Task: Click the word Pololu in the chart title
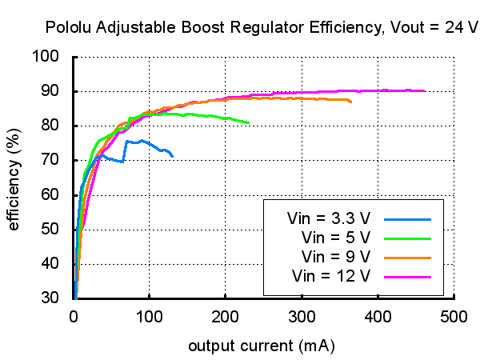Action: point(70,28)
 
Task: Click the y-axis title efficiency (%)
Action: point(14,177)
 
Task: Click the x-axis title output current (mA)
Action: point(261,347)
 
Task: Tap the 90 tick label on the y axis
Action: point(51,91)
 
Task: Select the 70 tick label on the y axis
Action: point(51,160)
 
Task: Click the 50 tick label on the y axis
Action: point(51,229)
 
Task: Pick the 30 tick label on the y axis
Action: point(51,298)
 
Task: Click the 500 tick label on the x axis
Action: point(454,315)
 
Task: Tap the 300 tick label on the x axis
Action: point(302,315)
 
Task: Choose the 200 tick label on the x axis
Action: point(226,315)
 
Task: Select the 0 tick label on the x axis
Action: point(74,315)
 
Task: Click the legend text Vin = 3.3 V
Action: point(328,218)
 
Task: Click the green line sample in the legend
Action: point(408,238)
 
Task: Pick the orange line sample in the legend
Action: point(408,257)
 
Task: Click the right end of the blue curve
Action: point(172,156)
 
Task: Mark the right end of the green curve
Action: point(249,123)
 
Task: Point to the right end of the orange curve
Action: point(350,102)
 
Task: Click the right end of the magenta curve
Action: point(424,91)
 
